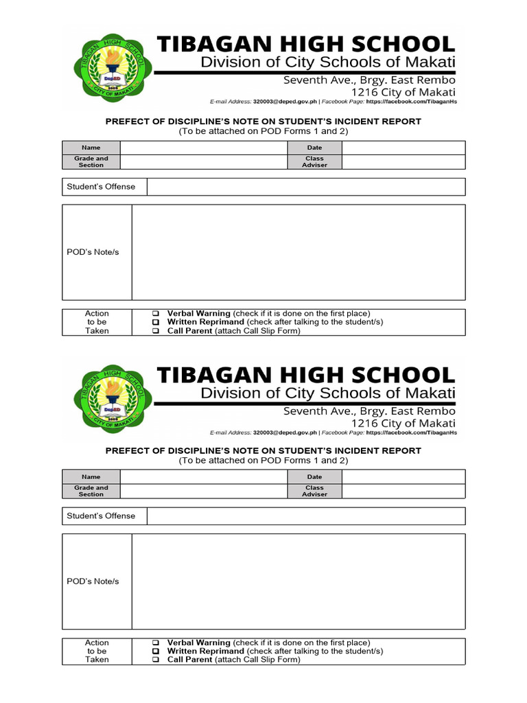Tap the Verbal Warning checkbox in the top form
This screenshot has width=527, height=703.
pos(156,314)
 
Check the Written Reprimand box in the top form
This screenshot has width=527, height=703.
pos(156,322)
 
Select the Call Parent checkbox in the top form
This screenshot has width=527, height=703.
pos(156,331)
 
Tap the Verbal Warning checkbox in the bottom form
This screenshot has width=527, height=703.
pos(156,643)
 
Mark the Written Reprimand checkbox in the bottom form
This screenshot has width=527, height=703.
pos(156,652)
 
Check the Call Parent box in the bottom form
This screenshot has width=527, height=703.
pos(156,660)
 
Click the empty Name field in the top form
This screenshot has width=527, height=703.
pos(203,148)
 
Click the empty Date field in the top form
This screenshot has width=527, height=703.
pos(403,148)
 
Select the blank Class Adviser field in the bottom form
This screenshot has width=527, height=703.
pos(403,491)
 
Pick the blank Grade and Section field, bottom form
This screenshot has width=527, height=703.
pos(203,491)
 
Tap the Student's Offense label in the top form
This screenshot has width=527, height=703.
pos(101,187)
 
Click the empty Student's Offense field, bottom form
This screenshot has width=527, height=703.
pos(306,516)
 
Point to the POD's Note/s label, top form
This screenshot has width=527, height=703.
pos(93,252)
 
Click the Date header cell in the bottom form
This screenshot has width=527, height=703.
pos(314,476)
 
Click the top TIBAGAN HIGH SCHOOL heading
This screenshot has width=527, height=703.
pos(306,45)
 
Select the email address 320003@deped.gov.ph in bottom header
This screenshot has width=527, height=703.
pos(285,433)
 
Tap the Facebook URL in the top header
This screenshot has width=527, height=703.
pos(412,102)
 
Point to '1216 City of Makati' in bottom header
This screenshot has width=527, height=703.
pos(403,423)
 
